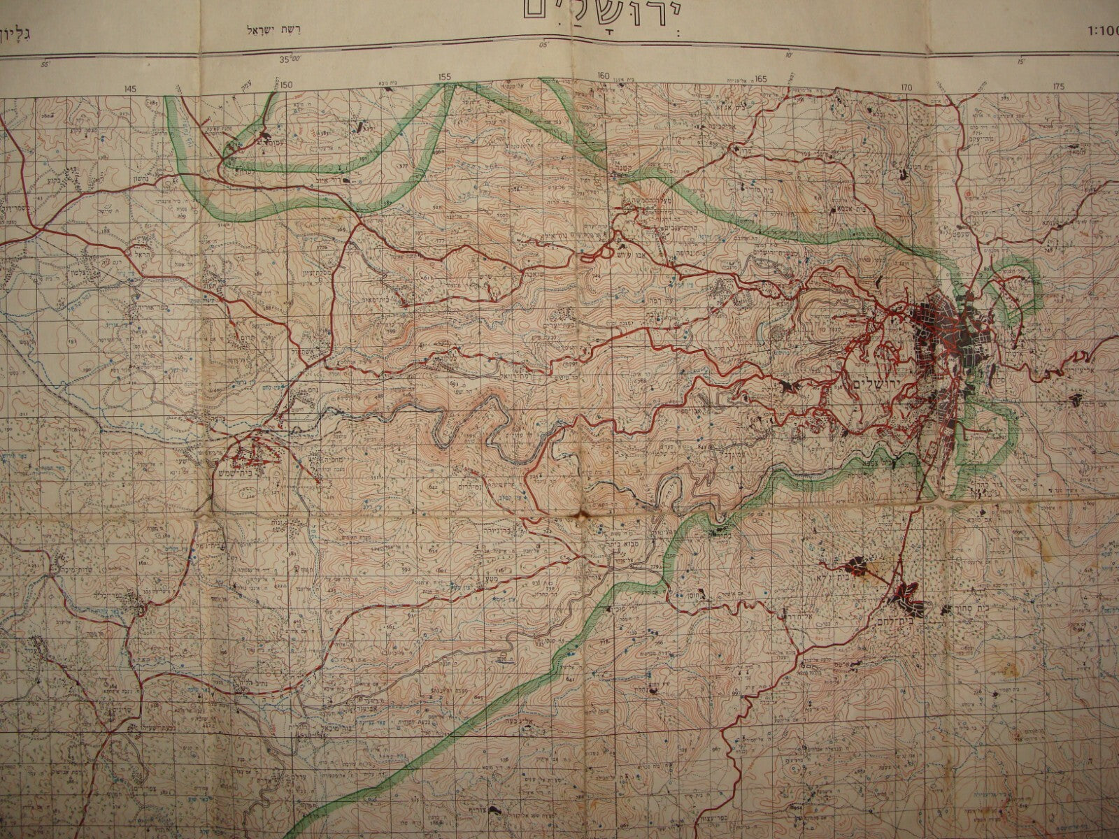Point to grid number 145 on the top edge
click(x=129, y=89)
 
